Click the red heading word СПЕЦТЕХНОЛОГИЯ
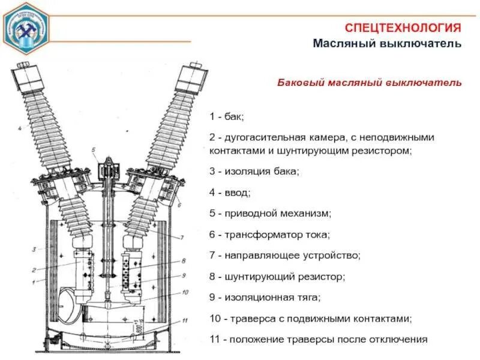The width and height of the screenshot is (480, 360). pos(403,28)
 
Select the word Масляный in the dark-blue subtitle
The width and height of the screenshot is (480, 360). pos(344,44)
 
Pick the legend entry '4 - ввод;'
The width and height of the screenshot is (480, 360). pos(230,193)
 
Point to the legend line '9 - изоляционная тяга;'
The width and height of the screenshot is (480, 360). pos(265,297)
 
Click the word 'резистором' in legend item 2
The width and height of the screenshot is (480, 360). pos(380,151)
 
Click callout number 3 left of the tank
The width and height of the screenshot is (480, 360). pos(35,248)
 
